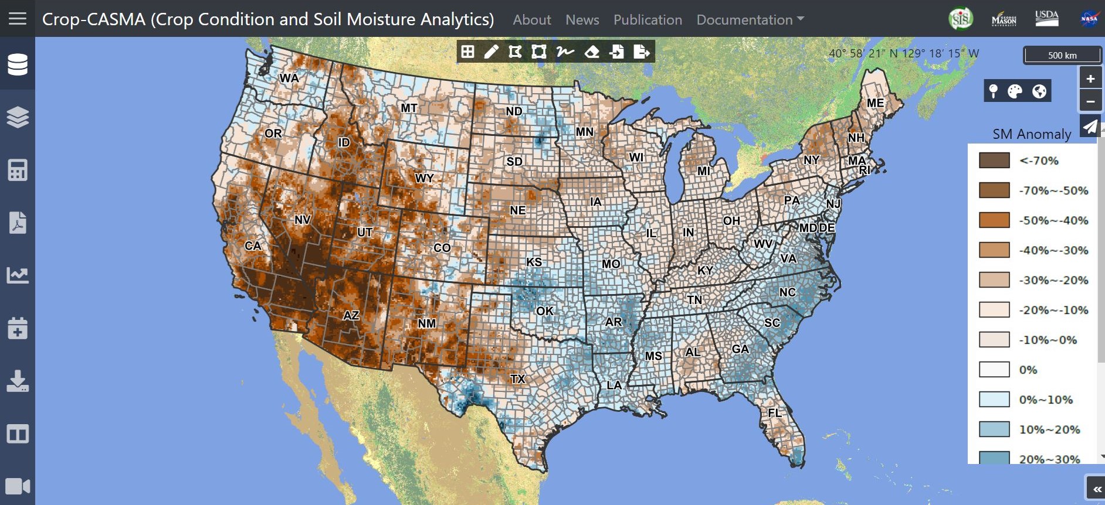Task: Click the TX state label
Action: click(x=517, y=379)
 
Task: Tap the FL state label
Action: click(x=775, y=413)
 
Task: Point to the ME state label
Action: click(x=875, y=103)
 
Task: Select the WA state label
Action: click(x=289, y=79)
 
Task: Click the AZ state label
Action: click(x=351, y=316)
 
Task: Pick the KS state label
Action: click(x=534, y=262)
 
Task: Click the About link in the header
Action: click(x=531, y=20)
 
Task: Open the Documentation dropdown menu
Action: click(x=750, y=20)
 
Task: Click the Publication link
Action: click(x=648, y=20)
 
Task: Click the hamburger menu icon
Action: click(x=18, y=19)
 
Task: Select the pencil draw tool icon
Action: click(x=492, y=52)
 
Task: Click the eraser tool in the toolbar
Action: click(x=592, y=52)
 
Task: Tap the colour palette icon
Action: click(x=1015, y=91)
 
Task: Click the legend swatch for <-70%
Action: click(x=994, y=161)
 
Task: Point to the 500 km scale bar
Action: click(x=1062, y=56)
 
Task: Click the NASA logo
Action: click(x=1089, y=19)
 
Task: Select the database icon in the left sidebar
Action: click(x=18, y=64)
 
